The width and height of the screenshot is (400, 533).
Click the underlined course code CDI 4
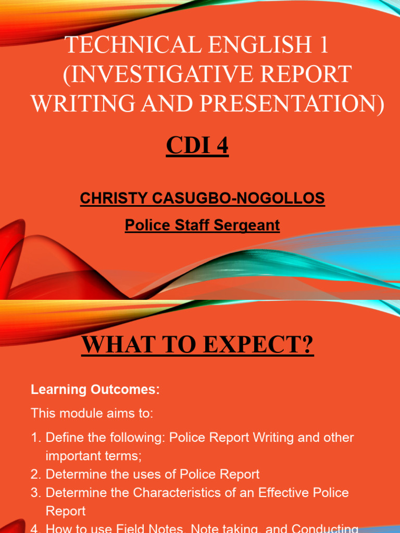tap(197, 146)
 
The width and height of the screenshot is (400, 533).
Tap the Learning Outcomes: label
tap(95, 389)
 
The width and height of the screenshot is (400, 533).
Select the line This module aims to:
tap(92, 414)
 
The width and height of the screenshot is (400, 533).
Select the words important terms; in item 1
tap(94, 456)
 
